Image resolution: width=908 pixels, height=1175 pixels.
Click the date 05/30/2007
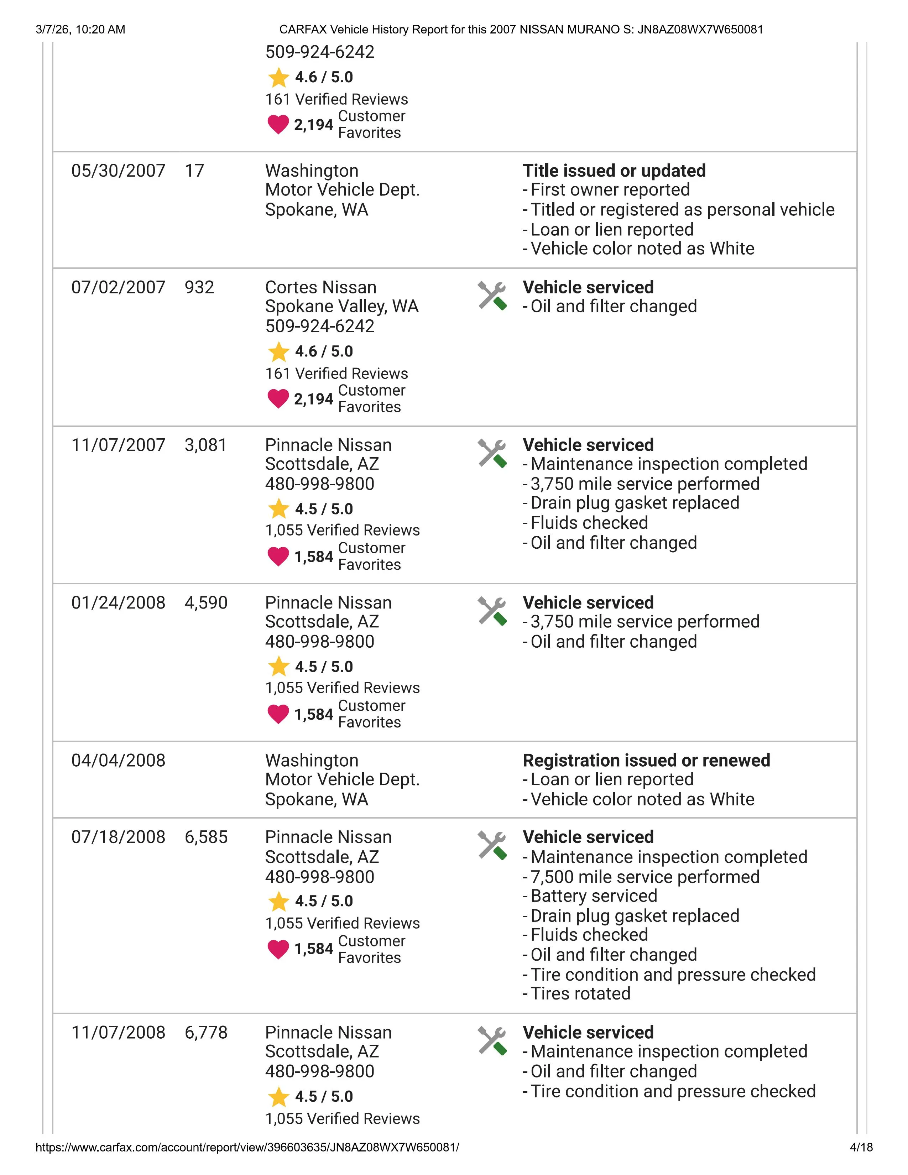pos(118,171)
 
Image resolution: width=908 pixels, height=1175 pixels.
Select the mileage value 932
pos(199,287)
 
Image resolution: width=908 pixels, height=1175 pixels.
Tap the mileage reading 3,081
pos(205,445)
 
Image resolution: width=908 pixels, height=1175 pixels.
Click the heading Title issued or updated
pos(614,171)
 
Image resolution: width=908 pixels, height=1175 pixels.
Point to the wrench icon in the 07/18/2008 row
pos(492,846)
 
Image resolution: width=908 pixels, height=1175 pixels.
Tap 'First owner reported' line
pos(610,190)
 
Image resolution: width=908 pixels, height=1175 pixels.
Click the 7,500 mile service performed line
pos(645,877)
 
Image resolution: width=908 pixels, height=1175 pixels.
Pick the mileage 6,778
pos(206,1033)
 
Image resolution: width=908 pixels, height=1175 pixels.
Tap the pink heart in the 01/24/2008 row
pos(278,715)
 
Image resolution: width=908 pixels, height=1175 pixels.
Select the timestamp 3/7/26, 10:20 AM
pos(81,30)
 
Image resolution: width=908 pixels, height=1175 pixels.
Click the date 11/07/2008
pos(118,1033)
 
